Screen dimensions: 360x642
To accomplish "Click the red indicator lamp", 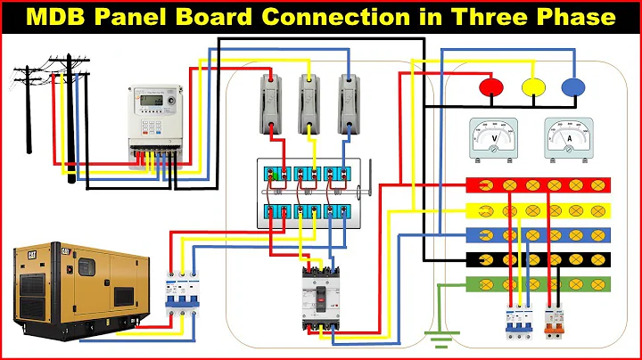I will tap(490, 86).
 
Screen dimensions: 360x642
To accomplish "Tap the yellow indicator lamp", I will tap(532, 86).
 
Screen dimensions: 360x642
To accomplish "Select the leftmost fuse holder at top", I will tap(272, 103).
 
